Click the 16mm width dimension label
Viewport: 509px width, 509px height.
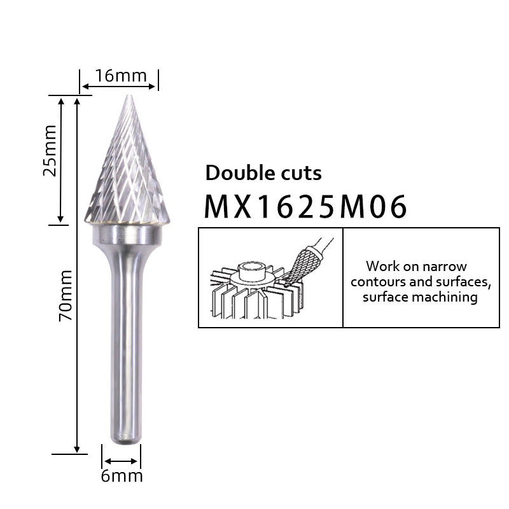121,76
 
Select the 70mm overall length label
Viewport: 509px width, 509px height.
66,295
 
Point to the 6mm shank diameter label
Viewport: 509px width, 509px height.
122,476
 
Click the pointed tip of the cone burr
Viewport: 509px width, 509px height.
130,97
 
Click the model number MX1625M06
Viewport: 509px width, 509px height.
305,206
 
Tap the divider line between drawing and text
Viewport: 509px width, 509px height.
343,277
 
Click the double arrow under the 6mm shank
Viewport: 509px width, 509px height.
121,461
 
